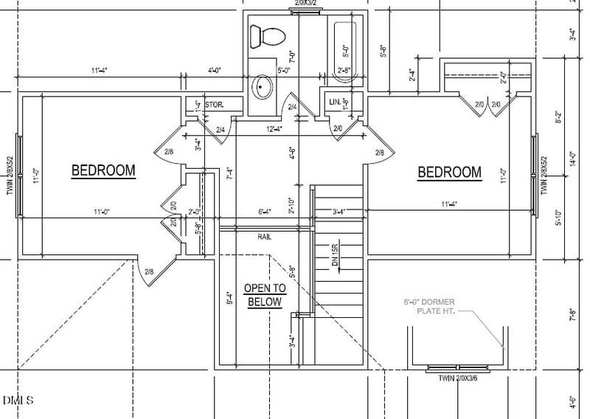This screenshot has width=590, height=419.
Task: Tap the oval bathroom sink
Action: point(263,88)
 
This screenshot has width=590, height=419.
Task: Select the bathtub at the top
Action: point(345,49)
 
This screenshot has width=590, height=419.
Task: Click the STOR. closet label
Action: point(214,105)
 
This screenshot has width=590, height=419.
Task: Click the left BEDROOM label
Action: point(103,171)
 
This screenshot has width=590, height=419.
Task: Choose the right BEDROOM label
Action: point(449,173)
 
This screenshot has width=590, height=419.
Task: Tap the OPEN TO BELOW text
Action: point(265,295)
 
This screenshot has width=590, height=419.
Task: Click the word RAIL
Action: point(265,237)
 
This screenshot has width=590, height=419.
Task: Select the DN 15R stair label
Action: point(334,256)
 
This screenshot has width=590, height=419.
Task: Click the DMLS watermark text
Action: point(18,401)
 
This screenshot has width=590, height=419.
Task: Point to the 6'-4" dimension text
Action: point(264,212)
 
